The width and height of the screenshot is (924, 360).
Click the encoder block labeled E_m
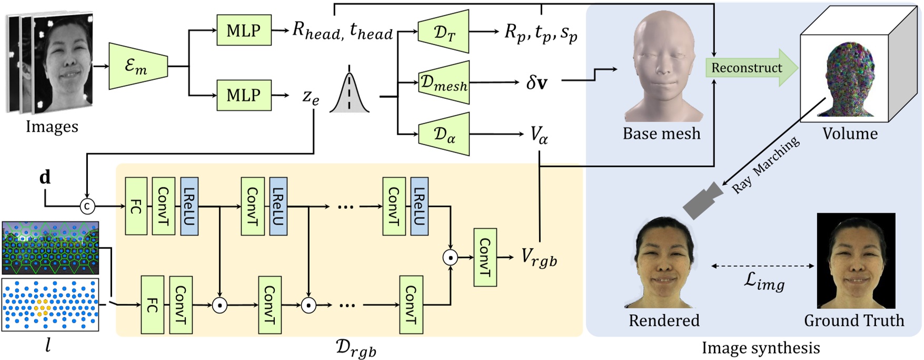[137, 66]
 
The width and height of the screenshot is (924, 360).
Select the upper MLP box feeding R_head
[244, 30]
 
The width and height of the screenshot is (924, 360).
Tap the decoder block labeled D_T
[444, 32]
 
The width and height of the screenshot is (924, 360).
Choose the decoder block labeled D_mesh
[443, 83]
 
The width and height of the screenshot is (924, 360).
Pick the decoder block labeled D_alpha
[444, 135]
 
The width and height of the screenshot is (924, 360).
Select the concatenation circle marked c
[87, 206]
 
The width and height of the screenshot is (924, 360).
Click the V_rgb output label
[539, 257]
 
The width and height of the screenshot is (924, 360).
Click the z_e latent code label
[311, 97]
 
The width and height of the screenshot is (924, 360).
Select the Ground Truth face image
[856, 261]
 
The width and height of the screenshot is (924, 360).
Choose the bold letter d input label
[45, 177]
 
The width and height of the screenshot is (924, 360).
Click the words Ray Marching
[767, 164]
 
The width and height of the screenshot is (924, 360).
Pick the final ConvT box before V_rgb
[484, 257]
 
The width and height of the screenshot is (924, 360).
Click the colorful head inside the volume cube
[849, 79]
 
